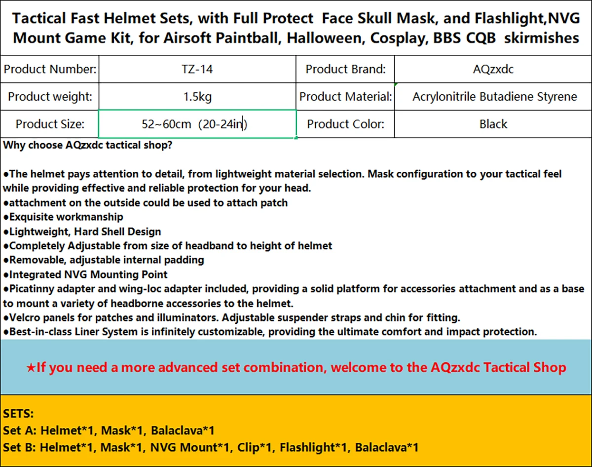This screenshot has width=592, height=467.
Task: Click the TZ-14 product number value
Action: pyautogui.click(x=197, y=69)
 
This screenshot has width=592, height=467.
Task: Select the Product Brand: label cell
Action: pyautogui.click(x=345, y=69)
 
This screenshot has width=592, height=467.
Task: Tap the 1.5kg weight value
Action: pyautogui.click(x=197, y=97)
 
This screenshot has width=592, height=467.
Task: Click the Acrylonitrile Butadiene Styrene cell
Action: pyautogui.click(x=493, y=97)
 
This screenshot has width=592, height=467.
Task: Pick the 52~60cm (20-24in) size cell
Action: pyautogui.click(x=197, y=124)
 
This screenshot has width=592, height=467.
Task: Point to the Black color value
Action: pyautogui.click(x=493, y=124)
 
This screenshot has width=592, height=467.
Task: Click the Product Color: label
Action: pyautogui.click(x=345, y=124)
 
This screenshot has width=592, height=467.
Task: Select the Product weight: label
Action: pyautogui.click(x=50, y=97)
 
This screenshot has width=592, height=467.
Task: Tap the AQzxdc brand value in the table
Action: pyautogui.click(x=493, y=69)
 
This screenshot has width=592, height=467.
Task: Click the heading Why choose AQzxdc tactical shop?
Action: pyautogui.click(x=88, y=145)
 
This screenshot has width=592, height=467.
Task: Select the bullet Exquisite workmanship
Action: pyautogui.click(x=63, y=217)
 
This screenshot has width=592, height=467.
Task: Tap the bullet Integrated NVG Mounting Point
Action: pyautogui.click(x=85, y=274)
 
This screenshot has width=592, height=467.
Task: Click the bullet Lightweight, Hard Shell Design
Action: pyautogui.click(x=82, y=232)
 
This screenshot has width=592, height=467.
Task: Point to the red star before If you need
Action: pyautogui.click(x=31, y=368)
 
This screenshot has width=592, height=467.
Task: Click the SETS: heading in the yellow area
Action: pyautogui.click(x=18, y=414)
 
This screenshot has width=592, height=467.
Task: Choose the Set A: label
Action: pyautogui.click(x=20, y=430)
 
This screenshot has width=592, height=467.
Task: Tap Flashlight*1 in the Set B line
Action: pyautogui.click(x=314, y=447)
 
